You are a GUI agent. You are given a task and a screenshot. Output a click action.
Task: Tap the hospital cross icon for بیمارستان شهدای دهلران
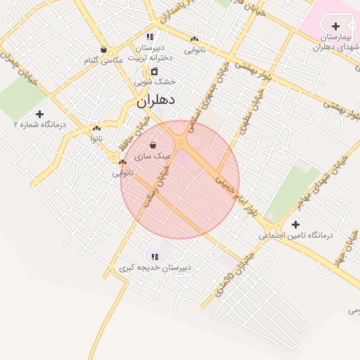point(335,26)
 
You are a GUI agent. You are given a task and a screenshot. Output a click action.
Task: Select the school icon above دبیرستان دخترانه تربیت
point(150,37)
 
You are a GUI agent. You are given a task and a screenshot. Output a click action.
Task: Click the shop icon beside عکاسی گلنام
point(104,50)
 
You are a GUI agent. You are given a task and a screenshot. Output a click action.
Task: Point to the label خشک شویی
point(154,82)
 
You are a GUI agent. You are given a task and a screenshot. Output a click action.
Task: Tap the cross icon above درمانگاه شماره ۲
point(39,113)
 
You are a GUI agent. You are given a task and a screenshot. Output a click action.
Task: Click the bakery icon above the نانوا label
point(96,129)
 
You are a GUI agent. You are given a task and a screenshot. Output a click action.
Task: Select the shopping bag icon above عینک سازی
point(153,146)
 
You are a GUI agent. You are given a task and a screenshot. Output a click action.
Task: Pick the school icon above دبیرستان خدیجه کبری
point(155,257)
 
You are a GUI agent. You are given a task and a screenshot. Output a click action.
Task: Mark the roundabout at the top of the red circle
point(182,142)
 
